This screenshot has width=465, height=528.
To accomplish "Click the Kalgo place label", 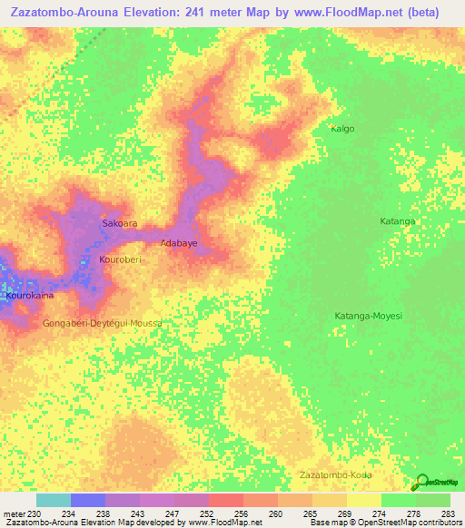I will coord(342,129).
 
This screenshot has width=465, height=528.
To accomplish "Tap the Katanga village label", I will coord(397,221).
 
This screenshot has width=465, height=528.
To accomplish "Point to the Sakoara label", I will coord(120,222).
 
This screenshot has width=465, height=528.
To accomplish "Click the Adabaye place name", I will coord(179,243).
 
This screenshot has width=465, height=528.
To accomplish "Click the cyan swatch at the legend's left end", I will coord(53,500).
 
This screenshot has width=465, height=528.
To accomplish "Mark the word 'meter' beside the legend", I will coord(13,514).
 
